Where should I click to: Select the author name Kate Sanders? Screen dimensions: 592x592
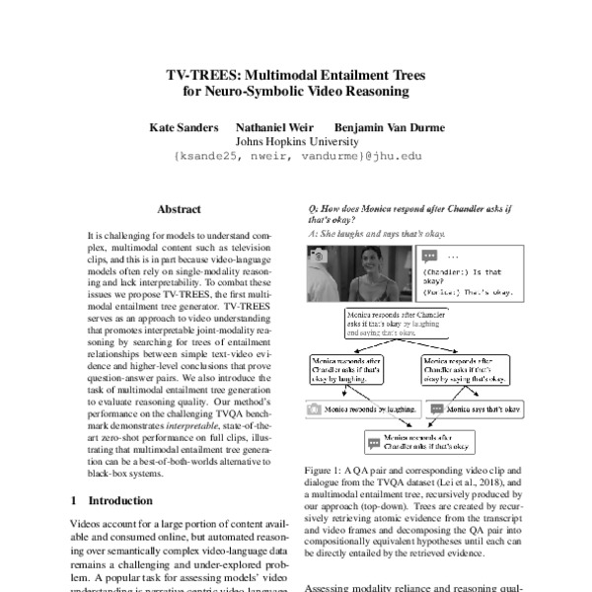tap(183, 127)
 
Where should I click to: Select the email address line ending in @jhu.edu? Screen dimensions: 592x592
tap(297, 156)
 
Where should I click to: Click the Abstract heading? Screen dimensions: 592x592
tap(179, 210)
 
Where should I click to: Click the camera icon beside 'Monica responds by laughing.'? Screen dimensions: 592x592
tap(315, 407)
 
